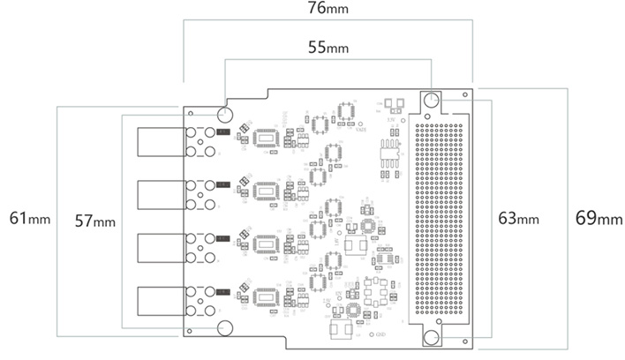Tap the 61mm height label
pos(29,217)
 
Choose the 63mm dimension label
pos(517,217)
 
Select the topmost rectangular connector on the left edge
pos(159,142)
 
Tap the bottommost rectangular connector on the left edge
pos(159,301)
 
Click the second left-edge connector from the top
pos(159,195)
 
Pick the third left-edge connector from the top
pos(159,248)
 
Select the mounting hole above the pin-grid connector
pos(431,101)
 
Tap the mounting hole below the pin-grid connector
pos(431,339)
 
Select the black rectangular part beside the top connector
pos(223,132)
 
